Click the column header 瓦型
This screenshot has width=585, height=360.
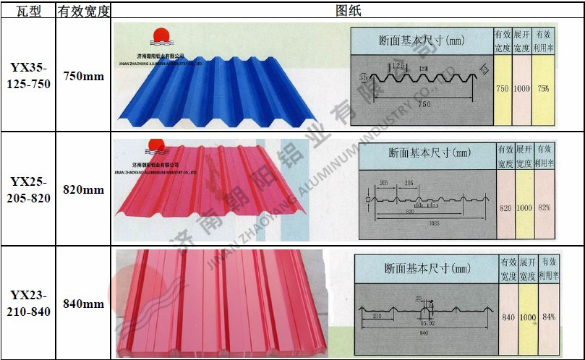click(27, 9)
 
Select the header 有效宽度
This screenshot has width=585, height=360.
click(84, 9)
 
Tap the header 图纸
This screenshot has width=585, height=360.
click(348, 9)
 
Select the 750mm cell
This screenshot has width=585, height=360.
click(84, 76)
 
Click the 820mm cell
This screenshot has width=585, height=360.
click(84, 189)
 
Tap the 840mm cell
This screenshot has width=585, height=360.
click(84, 304)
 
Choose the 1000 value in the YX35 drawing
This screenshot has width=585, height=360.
click(521, 88)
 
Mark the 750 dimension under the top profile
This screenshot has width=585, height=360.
click(424, 105)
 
